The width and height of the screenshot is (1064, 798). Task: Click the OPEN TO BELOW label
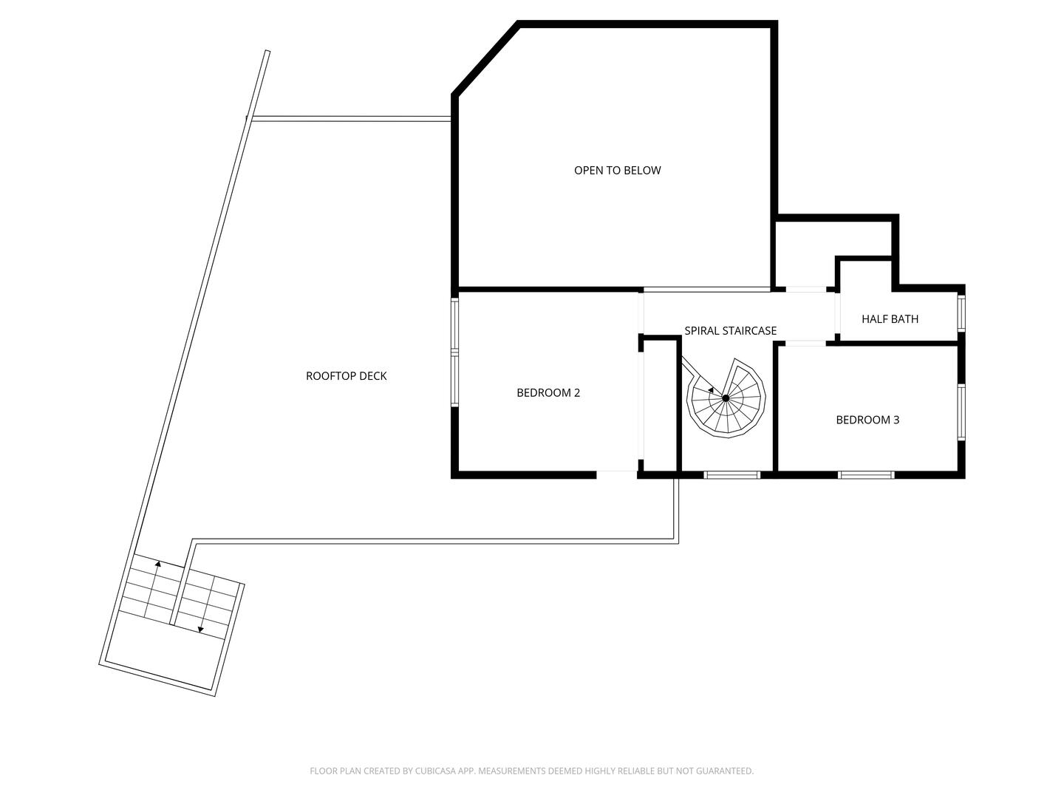pos(617,170)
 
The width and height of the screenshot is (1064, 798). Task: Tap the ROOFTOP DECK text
pos(346,376)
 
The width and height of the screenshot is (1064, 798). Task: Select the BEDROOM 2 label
pos(548,392)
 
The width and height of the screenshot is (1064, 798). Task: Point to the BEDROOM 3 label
pos(867,420)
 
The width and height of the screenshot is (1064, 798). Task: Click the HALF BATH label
pos(890,319)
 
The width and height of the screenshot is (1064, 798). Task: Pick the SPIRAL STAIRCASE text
pos(730,331)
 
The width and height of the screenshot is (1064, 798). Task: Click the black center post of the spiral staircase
pos(726,398)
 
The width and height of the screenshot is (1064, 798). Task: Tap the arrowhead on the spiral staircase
pos(710,389)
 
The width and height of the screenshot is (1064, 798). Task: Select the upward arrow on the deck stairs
pos(157,564)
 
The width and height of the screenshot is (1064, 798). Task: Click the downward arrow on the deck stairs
pos(200,630)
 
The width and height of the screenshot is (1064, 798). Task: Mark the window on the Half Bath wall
pos(961,313)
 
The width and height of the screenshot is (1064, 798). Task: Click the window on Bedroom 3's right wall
pos(961,412)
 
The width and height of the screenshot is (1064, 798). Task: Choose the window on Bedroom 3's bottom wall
pos(866,474)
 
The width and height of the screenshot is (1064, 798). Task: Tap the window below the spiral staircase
pos(731,474)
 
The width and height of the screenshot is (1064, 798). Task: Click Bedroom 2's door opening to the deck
pos(617,474)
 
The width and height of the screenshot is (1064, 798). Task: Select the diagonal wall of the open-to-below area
pos(486,61)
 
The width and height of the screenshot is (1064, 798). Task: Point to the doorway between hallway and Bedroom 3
pos(805,344)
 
